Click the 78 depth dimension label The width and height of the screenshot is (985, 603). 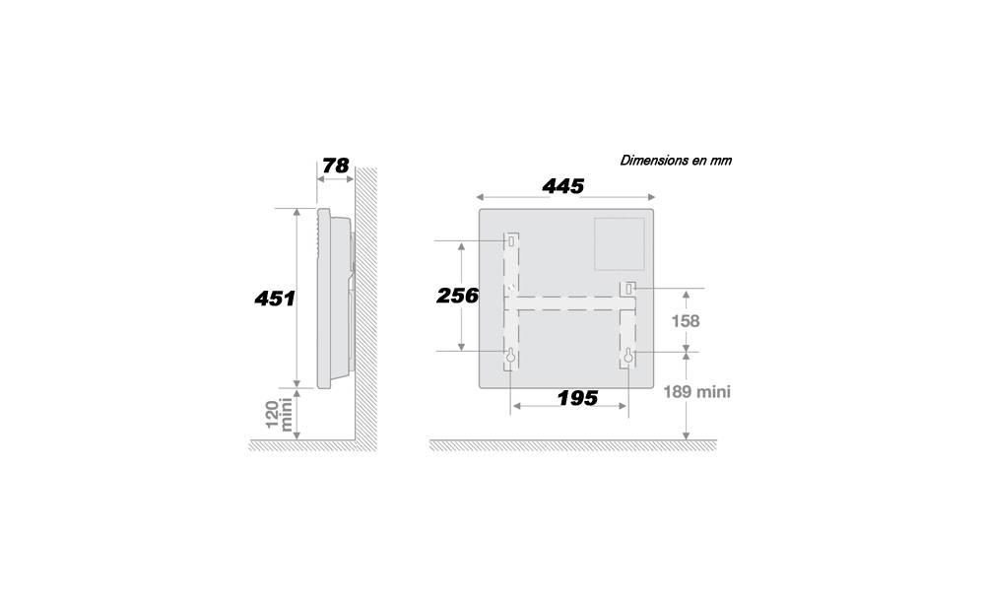tap(336, 166)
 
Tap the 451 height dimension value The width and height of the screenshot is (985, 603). tap(275, 299)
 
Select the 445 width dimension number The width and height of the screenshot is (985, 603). tap(563, 186)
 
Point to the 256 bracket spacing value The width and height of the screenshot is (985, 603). tap(457, 296)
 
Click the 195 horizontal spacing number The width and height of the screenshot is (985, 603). tap(578, 398)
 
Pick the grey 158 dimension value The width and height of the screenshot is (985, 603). tap(686, 321)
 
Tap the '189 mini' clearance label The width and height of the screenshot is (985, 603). tap(697, 392)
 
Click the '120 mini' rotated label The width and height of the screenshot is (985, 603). tap(279, 414)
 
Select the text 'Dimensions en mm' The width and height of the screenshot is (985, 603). tap(676, 161)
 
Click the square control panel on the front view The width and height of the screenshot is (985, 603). tap(620, 243)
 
